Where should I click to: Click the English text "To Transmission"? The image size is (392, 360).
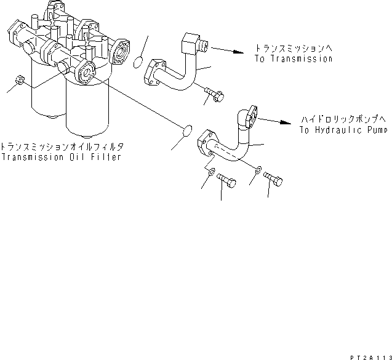click(293, 59)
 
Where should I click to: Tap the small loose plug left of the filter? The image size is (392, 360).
click(19, 81)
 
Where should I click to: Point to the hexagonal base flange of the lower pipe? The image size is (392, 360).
click(207, 150)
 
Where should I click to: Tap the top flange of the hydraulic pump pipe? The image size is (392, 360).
click(247, 118)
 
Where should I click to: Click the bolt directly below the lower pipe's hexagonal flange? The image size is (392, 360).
click(227, 183)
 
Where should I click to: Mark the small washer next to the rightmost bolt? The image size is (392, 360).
click(259, 170)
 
